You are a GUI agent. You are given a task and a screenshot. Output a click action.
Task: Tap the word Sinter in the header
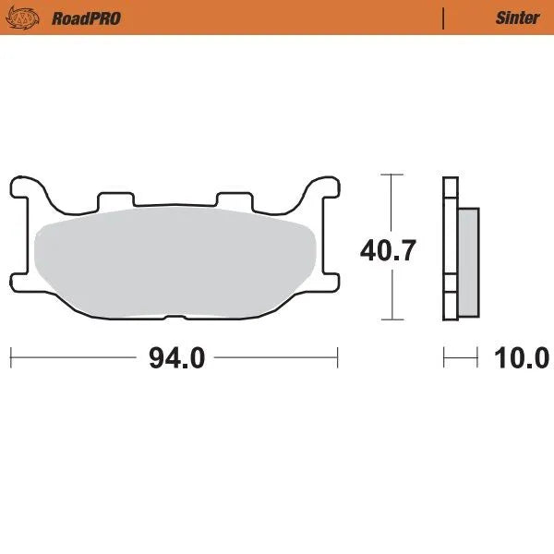point(517,18)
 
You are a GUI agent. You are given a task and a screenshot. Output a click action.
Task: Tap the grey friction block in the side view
point(469,260)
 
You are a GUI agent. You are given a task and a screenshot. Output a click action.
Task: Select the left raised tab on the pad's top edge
point(116,199)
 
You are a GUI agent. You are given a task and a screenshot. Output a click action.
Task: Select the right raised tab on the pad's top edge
point(233,199)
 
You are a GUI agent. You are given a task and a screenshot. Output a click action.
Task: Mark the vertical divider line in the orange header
point(444,18)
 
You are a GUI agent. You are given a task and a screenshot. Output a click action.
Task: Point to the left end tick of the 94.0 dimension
point(10,356)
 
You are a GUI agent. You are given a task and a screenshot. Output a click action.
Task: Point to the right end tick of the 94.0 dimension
point(339,356)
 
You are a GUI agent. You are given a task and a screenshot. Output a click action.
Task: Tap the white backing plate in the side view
point(451,249)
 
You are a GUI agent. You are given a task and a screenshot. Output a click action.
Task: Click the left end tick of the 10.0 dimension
point(444,356)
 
